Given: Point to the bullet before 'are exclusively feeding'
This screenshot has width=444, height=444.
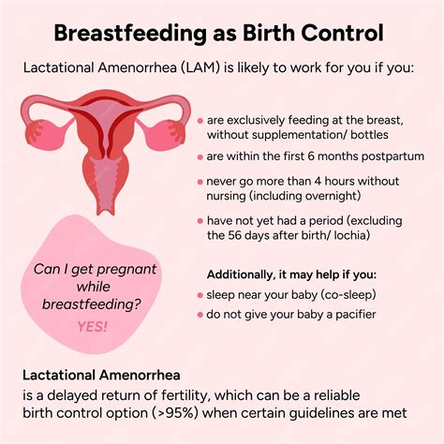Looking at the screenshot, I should tap(200, 121).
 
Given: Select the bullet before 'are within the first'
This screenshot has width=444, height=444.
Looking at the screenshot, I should tap(200, 156).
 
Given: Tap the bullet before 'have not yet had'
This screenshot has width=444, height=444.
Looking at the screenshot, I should tap(200, 220).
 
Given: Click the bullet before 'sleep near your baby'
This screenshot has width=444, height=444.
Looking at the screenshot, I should tap(200, 294).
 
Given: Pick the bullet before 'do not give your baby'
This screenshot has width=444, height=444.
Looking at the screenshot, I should tap(200, 315).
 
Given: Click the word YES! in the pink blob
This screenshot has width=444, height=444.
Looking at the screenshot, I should tap(92, 326).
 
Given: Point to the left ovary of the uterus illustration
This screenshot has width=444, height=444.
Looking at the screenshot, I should tap(37, 131).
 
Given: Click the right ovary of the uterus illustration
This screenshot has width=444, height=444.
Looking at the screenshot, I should tap(179, 131).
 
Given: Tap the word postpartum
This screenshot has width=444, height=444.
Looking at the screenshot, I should tap(389, 155).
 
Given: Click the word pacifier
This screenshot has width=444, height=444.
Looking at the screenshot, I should tap(350, 315).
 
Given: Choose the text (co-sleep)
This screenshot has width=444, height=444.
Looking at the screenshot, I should tap(343, 294).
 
